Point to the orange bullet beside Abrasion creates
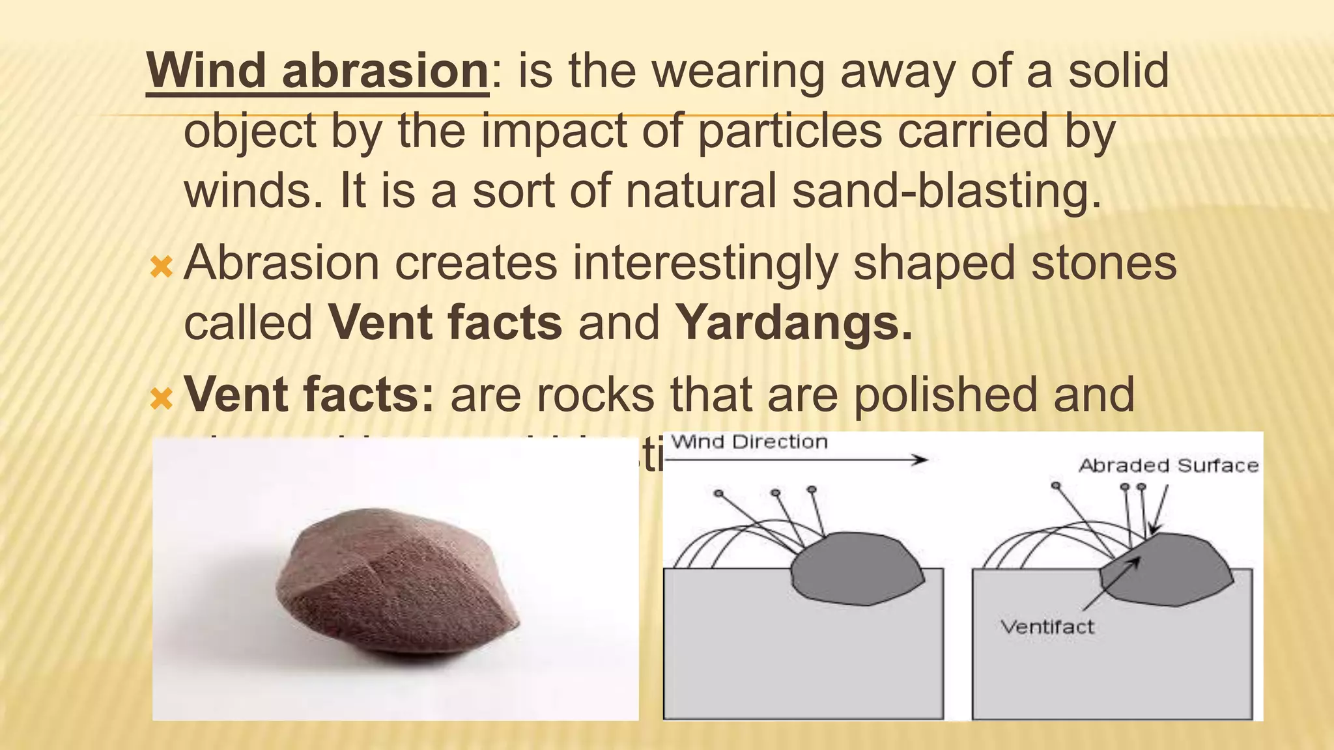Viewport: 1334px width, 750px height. click(x=161, y=266)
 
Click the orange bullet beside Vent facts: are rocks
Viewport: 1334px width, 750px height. click(x=161, y=398)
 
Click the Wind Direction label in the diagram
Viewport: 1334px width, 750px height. click(x=749, y=442)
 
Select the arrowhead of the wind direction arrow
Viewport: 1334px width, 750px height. click(x=920, y=460)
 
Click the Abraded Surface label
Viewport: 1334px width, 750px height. click(x=1169, y=465)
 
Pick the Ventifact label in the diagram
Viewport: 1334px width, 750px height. click(x=1047, y=627)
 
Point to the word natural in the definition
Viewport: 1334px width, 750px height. click(x=701, y=191)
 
